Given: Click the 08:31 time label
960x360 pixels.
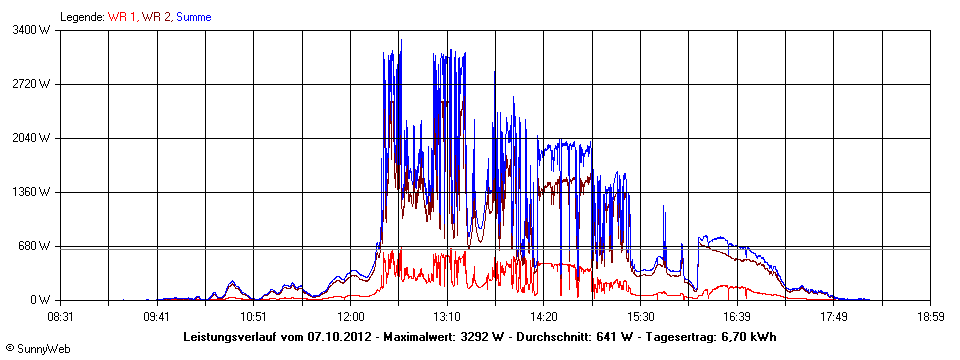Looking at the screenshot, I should pyautogui.click(x=61, y=317).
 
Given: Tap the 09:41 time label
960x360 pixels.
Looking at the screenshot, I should pyautogui.click(x=157, y=317).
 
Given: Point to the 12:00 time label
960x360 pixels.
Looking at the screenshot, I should pyautogui.click(x=351, y=317).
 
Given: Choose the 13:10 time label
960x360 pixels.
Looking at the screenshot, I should pyautogui.click(x=447, y=317).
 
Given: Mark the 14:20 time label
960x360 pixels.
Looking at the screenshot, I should pyautogui.click(x=544, y=317).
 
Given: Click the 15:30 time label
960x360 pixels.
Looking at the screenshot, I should pyautogui.click(x=641, y=317).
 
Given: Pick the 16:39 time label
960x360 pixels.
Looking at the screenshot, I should pyautogui.click(x=737, y=317).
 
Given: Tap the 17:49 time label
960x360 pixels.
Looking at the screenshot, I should pyautogui.click(x=834, y=317).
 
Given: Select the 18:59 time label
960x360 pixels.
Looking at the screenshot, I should pyautogui.click(x=931, y=317).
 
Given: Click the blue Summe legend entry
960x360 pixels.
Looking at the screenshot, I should pyautogui.click(x=193, y=17).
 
